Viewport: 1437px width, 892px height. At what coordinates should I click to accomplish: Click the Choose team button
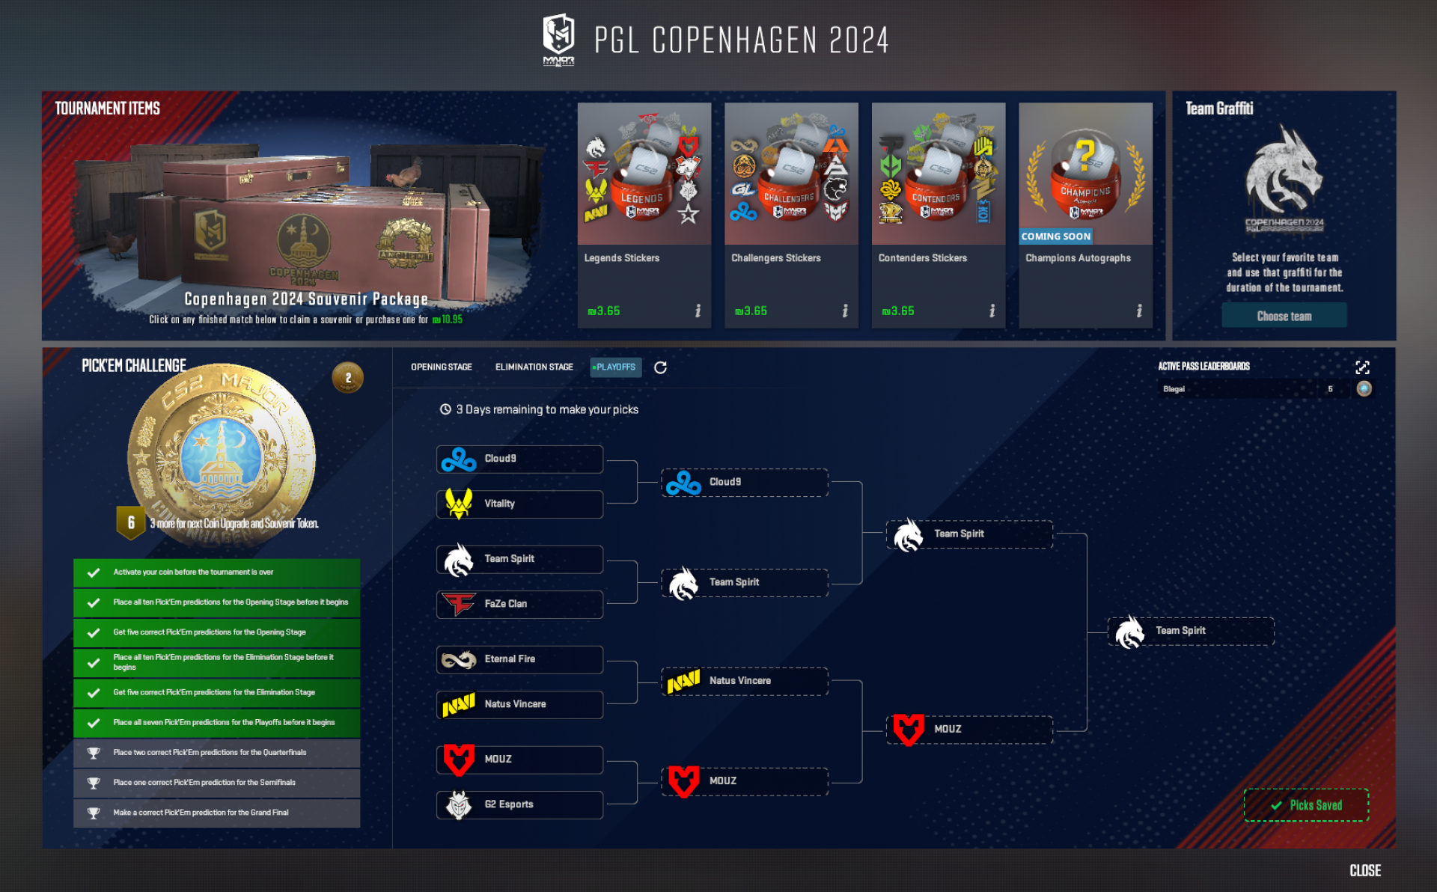coord(1284,316)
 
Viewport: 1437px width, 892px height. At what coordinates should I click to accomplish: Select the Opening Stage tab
coord(441,367)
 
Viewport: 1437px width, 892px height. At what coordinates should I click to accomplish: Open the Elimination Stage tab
coord(534,367)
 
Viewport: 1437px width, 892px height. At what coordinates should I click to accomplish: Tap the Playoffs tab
coord(615,367)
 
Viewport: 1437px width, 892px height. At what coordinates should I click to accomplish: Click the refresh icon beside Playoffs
coord(660,367)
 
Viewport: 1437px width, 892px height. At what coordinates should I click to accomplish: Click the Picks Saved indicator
coord(1306,805)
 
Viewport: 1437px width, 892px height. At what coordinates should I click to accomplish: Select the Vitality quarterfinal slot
coord(519,504)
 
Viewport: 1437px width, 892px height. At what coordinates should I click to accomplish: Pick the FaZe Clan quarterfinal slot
coord(519,604)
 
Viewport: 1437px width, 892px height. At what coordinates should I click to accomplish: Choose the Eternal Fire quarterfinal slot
coord(519,659)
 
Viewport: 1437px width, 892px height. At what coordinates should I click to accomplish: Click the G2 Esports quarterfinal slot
coord(519,804)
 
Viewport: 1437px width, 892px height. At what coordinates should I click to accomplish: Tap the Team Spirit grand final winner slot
coord(1190,631)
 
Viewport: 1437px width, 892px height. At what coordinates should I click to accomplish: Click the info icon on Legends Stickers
coord(698,311)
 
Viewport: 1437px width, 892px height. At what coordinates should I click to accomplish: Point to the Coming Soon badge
coord(1055,236)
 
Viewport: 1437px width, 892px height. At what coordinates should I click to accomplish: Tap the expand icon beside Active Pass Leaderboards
coord(1362,367)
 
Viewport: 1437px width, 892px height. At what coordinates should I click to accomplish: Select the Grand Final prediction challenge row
coord(216,813)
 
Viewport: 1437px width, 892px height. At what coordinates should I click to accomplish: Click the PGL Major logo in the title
coord(558,39)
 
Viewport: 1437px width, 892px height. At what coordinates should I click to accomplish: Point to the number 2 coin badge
coord(347,378)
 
